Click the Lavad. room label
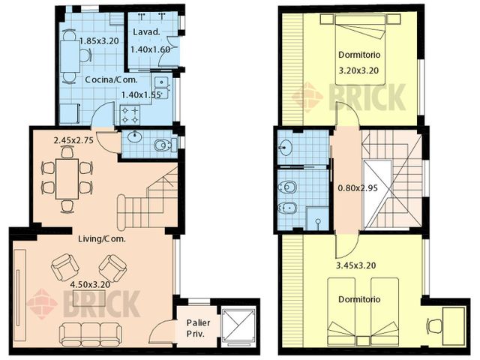tap(145, 34)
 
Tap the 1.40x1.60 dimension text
tap(151, 49)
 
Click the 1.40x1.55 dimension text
tap(142, 95)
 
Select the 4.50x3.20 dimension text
tap(91, 286)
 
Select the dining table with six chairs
tap(67, 178)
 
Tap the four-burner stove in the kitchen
tap(128, 114)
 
